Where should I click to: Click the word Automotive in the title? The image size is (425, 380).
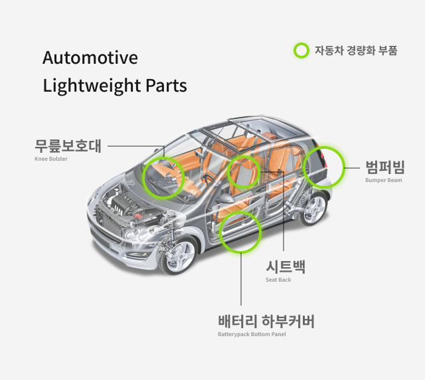[x=90, y=58]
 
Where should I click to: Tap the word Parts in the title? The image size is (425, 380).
[x=166, y=86]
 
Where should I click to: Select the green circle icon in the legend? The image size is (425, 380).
[x=301, y=50]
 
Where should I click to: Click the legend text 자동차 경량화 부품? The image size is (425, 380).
[x=355, y=50]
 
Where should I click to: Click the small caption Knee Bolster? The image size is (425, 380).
[x=51, y=159]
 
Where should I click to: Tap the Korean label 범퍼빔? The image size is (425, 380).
[x=385, y=166]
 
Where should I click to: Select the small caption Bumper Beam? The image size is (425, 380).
[x=384, y=180]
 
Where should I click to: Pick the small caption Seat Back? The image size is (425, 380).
[x=278, y=280]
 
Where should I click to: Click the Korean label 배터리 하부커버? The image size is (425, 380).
[x=266, y=322]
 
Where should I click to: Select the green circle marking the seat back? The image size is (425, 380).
[x=243, y=172]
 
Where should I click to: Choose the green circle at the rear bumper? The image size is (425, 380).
[x=323, y=166]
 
